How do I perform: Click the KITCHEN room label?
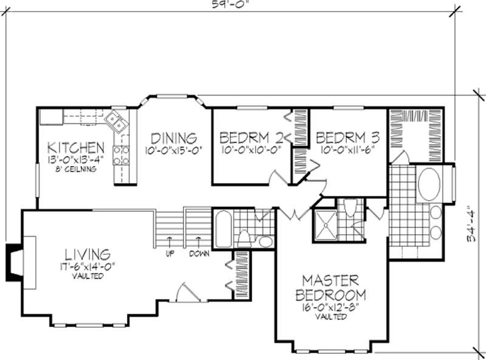coord(76,147)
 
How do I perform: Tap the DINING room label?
coord(173,137)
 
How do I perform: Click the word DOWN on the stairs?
coord(199,254)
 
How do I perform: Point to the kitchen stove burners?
coord(121,155)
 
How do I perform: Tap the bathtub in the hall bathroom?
coord(223,229)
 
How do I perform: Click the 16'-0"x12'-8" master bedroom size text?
coord(331,308)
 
